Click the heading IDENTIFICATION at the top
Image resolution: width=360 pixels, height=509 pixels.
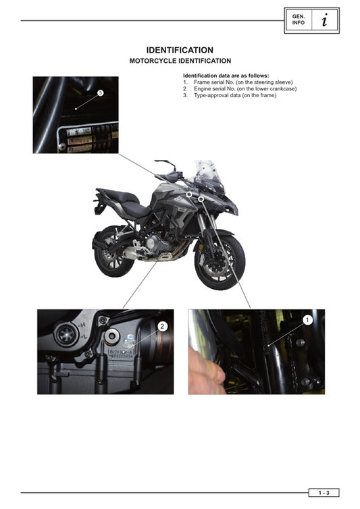(x=180, y=50)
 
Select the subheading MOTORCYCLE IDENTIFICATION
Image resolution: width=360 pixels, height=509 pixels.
(x=180, y=61)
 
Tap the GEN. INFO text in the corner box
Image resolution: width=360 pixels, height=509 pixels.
(x=297, y=20)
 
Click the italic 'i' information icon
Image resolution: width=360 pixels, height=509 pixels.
(x=325, y=20)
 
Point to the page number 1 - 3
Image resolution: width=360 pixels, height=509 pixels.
(x=324, y=493)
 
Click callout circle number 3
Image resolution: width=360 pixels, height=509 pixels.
(x=100, y=92)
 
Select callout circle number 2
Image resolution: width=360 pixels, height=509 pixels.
(x=162, y=326)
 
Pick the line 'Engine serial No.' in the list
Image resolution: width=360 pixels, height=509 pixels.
(x=240, y=88)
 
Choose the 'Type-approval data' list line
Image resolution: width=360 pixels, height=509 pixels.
(x=230, y=95)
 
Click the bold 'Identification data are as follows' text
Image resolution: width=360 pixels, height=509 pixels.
(x=226, y=75)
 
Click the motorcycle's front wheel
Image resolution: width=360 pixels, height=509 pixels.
(x=220, y=261)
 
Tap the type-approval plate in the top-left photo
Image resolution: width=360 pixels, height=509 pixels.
(x=88, y=137)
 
